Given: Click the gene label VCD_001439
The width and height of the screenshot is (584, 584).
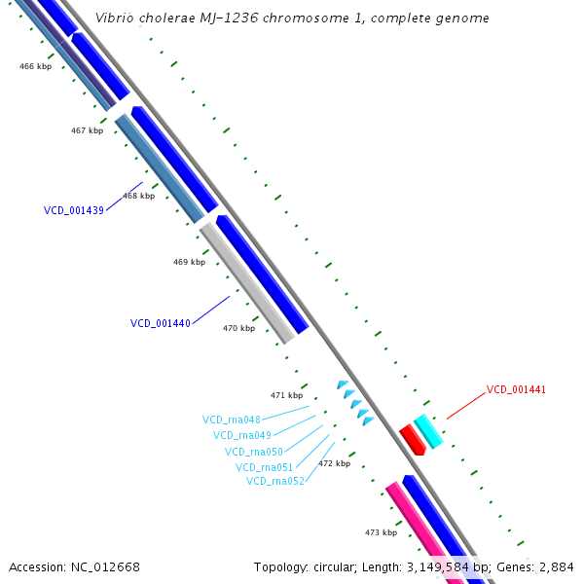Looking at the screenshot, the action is [74, 210].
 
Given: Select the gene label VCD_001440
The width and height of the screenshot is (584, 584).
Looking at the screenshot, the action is [161, 323].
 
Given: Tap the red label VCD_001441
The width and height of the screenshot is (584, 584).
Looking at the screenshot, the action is [516, 389].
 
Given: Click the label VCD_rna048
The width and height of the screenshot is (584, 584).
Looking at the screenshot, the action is [232, 420].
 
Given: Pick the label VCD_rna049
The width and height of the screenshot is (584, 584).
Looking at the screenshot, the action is [242, 435].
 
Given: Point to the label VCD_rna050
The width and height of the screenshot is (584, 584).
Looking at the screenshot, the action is [254, 452].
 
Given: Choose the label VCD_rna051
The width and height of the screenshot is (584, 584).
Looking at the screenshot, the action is [265, 467].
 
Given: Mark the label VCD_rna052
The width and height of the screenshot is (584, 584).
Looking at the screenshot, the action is [275, 481].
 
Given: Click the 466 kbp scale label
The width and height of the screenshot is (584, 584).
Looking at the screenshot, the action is [35, 66].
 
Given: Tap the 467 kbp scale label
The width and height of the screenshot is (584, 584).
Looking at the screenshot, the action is [87, 130].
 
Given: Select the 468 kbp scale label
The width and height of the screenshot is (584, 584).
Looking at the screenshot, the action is [138, 196].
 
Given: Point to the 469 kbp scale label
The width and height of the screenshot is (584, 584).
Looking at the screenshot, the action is [189, 262].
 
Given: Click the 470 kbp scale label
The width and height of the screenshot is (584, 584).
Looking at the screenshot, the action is [238, 328].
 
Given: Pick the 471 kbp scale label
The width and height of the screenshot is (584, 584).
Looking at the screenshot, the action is [286, 395].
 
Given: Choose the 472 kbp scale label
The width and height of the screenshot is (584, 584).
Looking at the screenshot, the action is [334, 463].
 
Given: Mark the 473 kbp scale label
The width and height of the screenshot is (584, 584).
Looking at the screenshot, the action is [381, 532].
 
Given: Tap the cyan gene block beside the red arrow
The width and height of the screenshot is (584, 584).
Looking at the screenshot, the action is [428, 430].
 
